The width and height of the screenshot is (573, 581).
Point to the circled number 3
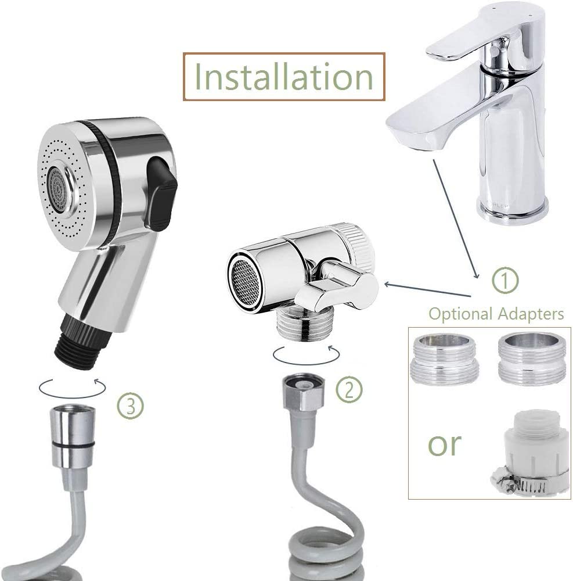click(x=131, y=404)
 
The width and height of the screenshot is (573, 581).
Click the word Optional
click(x=460, y=314)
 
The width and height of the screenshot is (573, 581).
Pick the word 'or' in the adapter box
click(x=445, y=444)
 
